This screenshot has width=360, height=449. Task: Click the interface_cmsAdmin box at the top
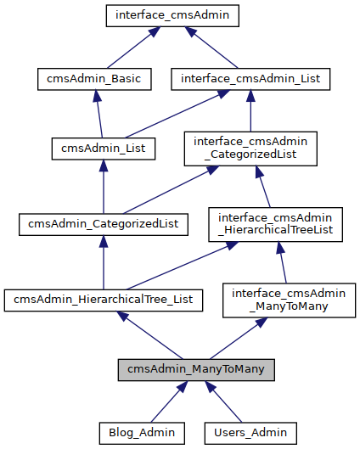pyautogui.click(x=172, y=16)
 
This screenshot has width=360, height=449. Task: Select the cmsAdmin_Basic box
pyautogui.click(x=94, y=79)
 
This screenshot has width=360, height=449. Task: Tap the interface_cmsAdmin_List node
pyautogui.click(x=250, y=79)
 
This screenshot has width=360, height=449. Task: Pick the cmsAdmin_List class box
pyautogui.click(x=104, y=149)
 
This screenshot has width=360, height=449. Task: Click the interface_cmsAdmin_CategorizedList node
pyautogui.click(x=250, y=149)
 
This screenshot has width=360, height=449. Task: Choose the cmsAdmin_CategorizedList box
pyautogui.click(x=104, y=224)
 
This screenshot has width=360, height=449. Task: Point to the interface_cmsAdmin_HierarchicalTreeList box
pyautogui.click(x=275, y=224)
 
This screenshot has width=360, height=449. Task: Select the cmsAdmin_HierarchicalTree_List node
pyautogui.click(x=104, y=300)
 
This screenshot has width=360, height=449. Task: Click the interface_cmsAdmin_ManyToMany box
pyautogui.click(x=289, y=300)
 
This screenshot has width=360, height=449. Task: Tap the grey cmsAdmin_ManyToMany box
pyautogui.click(x=196, y=370)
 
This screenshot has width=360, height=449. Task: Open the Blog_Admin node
pyautogui.click(x=142, y=433)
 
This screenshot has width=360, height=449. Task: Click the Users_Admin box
pyautogui.click(x=250, y=433)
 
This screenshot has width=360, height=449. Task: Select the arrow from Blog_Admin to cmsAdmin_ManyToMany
pyautogui.click(x=169, y=401)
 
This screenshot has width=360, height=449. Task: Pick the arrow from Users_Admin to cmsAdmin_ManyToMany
pyautogui.click(x=223, y=401)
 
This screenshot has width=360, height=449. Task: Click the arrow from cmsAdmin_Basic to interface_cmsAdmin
pyautogui.click(x=134, y=48)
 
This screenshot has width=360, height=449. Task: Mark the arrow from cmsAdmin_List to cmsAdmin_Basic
pyautogui.click(x=98, y=114)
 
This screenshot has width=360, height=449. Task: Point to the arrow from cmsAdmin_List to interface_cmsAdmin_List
pyautogui.click(x=177, y=114)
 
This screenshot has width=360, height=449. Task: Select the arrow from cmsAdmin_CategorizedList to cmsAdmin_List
pyautogui.click(x=104, y=187)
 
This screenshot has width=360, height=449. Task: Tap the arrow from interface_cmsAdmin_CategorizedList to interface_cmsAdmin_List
pyautogui.click(x=250, y=111)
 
